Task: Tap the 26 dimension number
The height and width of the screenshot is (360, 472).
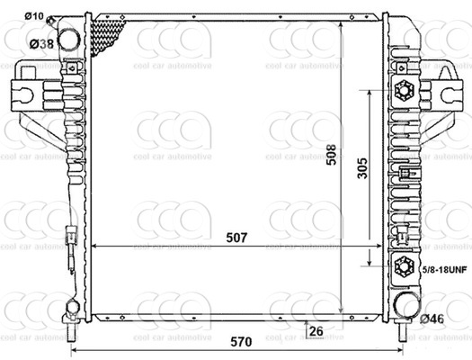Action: click(316, 331)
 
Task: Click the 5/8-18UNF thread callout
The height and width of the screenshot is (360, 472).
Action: click(444, 268)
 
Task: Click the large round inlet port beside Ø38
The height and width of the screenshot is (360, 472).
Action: click(71, 40)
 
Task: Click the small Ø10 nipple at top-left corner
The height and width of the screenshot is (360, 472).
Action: click(60, 20)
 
